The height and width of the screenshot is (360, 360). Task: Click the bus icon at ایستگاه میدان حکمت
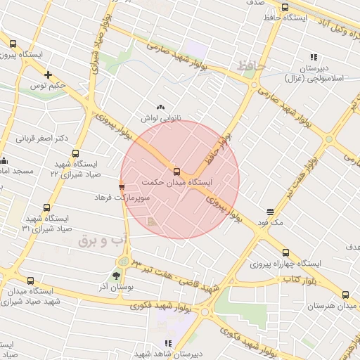pos(176,171)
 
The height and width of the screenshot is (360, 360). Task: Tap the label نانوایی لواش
pos(161,119)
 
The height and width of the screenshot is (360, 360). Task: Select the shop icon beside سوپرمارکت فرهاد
pos(122,187)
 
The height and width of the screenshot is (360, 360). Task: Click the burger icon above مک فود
pos(271,212)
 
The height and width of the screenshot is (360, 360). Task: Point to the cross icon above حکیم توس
pos(48,75)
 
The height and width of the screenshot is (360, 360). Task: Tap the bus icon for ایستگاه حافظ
pos(285,8)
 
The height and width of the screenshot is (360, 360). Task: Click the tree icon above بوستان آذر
pos(116,276)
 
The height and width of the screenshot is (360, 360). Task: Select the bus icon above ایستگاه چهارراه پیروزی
pos(285,252)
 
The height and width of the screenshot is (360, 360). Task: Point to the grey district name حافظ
pos(251,65)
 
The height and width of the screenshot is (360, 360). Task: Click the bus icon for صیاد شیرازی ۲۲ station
pos(76,153)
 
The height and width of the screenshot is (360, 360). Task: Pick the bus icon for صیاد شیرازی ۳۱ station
pos(47,208)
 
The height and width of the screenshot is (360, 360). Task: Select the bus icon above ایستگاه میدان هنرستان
pos(345,296)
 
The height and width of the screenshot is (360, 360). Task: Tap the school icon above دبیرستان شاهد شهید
pos(167,343)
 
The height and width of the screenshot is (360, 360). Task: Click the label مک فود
pos(270,223)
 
